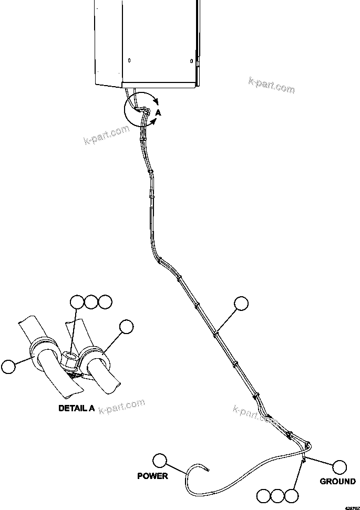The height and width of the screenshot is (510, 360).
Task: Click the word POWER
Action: (152, 476)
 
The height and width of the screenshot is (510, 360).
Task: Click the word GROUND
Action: (337, 481)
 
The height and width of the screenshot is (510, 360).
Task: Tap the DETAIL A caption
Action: (77, 408)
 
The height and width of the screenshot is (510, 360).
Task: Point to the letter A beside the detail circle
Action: (158, 112)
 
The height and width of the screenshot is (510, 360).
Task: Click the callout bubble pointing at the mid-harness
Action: (241, 304)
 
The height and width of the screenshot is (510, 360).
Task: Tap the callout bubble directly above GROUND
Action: (340, 466)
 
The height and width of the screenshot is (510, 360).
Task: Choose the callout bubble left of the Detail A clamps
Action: (8, 366)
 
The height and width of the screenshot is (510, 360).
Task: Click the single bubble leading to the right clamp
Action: (126, 327)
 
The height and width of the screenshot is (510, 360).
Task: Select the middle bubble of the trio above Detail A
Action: (91, 302)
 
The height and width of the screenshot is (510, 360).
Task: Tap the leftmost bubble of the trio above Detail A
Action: (77, 302)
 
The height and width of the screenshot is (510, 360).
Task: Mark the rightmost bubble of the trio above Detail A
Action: (105, 302)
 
